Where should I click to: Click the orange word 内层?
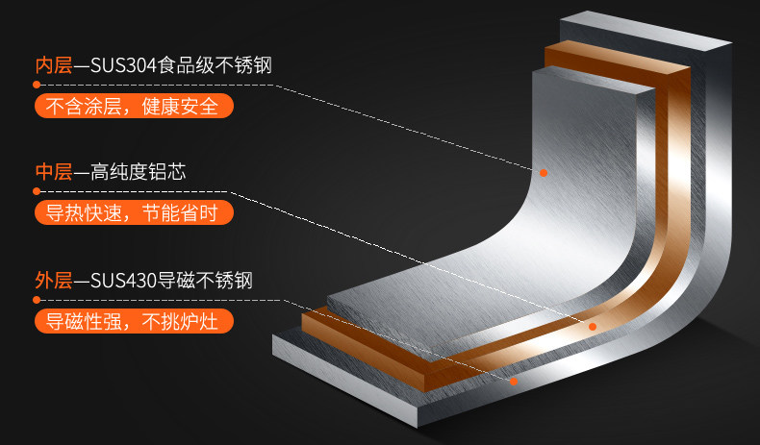coord(54,65)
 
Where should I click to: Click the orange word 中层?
coord(54,172)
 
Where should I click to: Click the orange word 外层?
coord(54,281)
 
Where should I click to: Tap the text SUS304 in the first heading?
coord(123,66)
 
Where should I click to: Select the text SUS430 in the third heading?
coord(123,281)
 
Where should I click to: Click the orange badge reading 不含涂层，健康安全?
coord(134,106)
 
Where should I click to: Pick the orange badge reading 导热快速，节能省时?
coord(134,212)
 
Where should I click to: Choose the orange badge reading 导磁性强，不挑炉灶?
coord(134,321)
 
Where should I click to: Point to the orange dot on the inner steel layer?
coord(544,173)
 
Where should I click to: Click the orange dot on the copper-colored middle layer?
coord(593,327)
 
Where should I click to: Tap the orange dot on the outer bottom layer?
coord(514,382)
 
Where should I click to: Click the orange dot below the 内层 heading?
coord(37,85)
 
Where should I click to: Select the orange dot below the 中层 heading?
coord(37,191)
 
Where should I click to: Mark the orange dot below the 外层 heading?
coord(37,300)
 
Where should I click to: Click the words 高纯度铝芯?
coord(139,172)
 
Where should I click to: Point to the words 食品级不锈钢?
coord(215,65)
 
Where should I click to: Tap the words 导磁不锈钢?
coord(205,281)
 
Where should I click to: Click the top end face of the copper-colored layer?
coord(618,57)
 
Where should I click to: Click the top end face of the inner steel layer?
coord(594,80)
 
